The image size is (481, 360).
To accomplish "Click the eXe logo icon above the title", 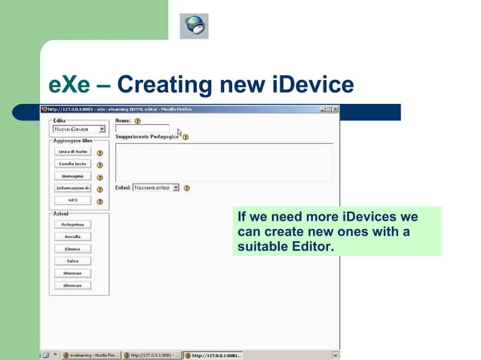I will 193,26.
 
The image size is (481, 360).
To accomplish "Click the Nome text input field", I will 142,129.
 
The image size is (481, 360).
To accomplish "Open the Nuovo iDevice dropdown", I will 102,129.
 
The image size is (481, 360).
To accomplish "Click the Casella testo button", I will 72,163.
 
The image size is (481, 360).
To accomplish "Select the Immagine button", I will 72,175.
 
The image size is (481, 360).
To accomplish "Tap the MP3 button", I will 72,200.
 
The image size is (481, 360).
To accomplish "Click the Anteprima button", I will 72,224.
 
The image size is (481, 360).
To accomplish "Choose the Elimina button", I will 72,249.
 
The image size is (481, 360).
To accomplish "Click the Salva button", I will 72,261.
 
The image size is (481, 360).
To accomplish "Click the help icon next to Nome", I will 137,121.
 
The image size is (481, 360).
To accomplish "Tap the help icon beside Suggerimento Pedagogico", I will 185,137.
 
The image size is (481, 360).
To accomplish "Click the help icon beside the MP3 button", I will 100,200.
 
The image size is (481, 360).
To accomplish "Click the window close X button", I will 335,110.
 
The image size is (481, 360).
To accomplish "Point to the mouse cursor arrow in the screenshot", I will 179,132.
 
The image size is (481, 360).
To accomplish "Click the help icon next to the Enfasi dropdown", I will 186,188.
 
